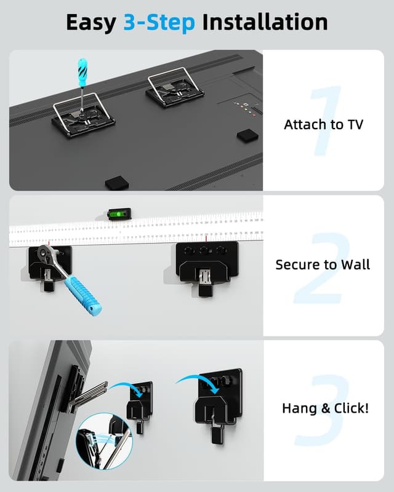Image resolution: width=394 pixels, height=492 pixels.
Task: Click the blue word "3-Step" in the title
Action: (159, 23)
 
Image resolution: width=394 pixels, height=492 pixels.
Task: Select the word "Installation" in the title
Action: (265, 23)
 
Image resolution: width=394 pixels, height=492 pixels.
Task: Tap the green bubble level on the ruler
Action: (116, 214)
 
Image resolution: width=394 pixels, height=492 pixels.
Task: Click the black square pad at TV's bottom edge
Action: (116, 183)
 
